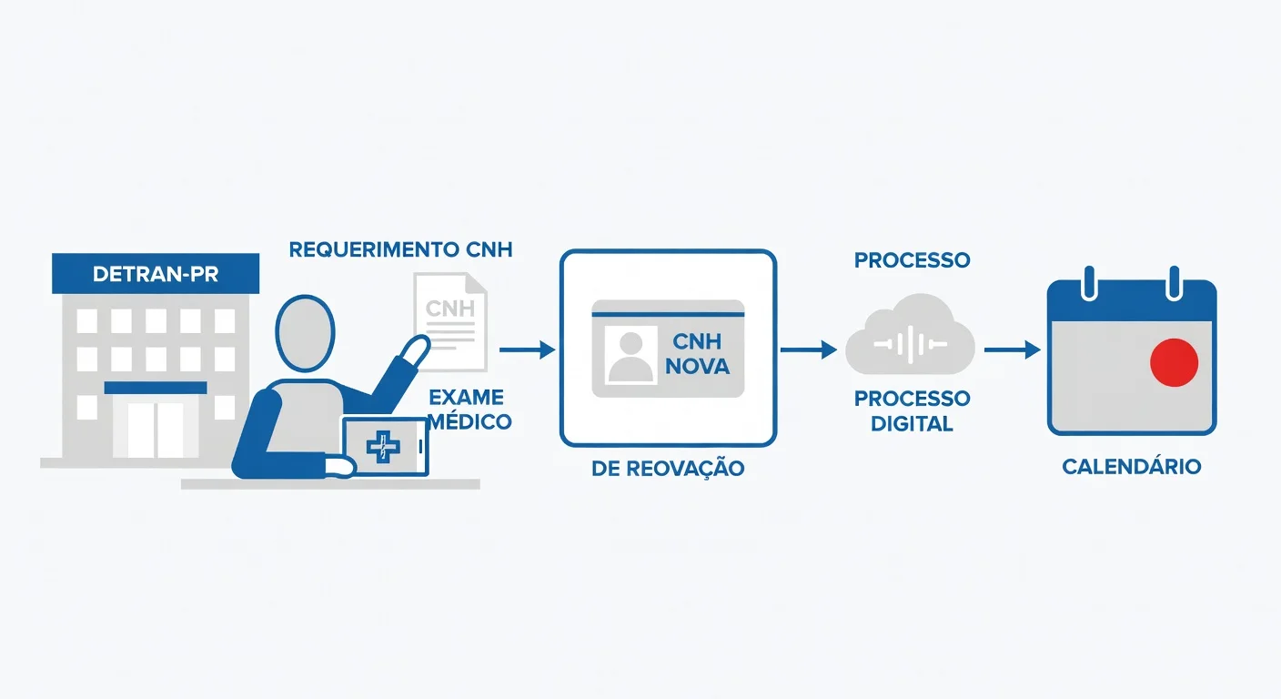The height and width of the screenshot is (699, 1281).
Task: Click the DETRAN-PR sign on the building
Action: pyautogui.click(x=156, y=274)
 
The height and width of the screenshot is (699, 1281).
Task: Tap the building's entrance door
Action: pyautogui.click(x=156, y=428)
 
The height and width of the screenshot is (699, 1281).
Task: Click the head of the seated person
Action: pyautogui.click(x=305, y=333)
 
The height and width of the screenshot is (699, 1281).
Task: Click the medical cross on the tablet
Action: pyautogui.click(x=383, y=446)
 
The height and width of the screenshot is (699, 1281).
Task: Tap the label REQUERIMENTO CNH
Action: pyautogui.click(x=400, y=249)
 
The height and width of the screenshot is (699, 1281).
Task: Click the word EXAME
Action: pyautogui.click(x=466, y=398)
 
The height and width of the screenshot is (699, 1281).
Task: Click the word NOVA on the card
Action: pyautogui.click(x=698, y=368)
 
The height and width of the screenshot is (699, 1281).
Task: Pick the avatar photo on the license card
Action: pyautogui.click(x=630, y=355)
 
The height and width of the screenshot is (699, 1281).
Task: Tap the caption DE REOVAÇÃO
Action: pyautogui.click(x=668, y=469)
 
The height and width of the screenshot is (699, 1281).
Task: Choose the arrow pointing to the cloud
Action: pyautogui.click(x=809, y=349)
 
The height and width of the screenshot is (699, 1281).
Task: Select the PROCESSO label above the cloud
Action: pyautogui.click(x=912, y=260)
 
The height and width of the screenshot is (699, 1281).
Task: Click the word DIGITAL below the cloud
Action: pyautogui.click(x=912, y=423)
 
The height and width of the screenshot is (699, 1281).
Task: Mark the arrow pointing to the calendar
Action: pyautogui.click(x=1013, y=349)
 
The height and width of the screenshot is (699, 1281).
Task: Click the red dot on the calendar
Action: pyautogui.click(x=1174, y=362)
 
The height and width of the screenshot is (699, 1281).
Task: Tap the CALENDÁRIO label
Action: pyautogui.click(x=1132, y=467)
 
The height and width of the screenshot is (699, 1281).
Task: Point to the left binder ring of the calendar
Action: pyautogui.click(x=1089, y=282)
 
